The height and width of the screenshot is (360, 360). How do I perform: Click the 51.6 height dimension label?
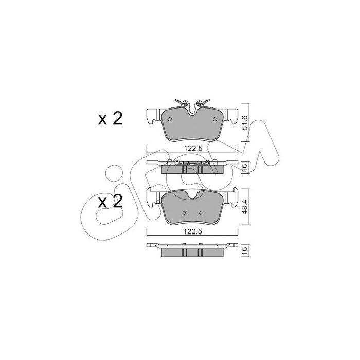(245, 122)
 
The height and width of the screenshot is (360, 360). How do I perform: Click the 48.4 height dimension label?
(245, 207)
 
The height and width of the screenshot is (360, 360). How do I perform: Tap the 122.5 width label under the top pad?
(193, 149)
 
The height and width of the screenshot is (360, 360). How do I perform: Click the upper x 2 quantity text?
(110, 119)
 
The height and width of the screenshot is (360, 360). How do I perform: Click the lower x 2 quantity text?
(110, 202)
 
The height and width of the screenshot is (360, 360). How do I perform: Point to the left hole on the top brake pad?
(170, 119)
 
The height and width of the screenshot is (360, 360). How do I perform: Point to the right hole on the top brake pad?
(215, 119)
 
